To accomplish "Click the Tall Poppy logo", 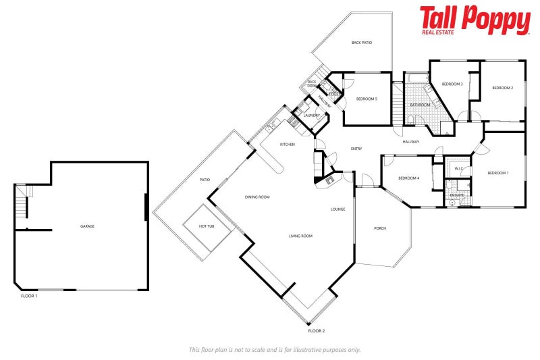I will (475, 20).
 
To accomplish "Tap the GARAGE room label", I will (87, 226).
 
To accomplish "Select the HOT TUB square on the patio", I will (207, 227).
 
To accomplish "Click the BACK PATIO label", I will (362, 43).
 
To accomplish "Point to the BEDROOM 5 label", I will (367, 99).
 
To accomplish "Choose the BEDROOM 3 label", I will (452, 84).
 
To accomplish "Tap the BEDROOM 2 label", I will (502, 88).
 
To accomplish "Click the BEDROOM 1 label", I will (498, 173).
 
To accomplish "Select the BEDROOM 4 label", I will (409, 178).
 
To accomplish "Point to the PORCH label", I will (380, 228).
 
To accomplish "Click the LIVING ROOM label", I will (300, 236).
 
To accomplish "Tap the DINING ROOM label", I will (257, 197).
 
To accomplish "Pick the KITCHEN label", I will (288, 145).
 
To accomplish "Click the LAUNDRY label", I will (311, 115).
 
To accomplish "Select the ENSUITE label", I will (457, 195).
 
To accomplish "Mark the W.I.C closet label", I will (458, 168).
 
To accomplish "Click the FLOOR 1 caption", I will (28, 296).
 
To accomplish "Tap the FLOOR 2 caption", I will (317, 330).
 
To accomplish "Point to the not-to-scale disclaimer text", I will (275, 349).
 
